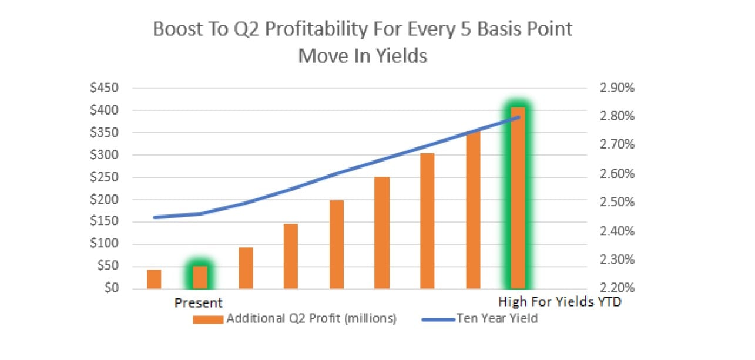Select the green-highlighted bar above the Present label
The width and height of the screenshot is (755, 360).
(200, 277)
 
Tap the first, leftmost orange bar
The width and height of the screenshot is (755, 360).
(154, 279)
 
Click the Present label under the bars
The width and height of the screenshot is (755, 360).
(199, 303)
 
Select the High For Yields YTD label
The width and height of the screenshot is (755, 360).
(559, 303)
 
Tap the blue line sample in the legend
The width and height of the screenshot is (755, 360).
(440, 319)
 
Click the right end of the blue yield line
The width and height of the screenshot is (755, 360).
(519, 117)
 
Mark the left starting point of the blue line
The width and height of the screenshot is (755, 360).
(155, 217)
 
